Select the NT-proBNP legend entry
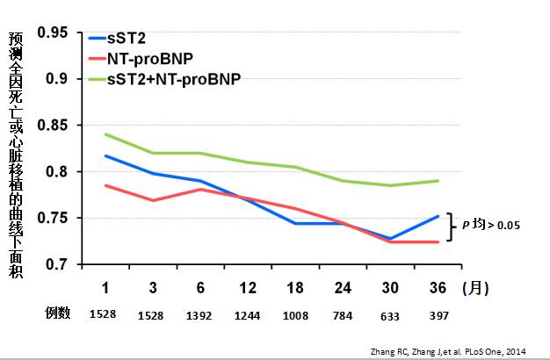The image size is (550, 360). (x=149, y=59)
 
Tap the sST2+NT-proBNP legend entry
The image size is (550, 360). (x=172, y=78)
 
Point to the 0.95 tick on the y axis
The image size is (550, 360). (x=53, y=32)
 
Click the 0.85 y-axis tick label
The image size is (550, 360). (x=53, y=126)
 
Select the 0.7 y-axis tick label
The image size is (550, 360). (x=57, y=264)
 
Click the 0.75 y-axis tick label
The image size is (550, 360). (x=53, y=218)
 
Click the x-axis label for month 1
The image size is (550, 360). (x=105, y=288)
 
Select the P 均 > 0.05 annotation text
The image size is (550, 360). (x=491, y=225)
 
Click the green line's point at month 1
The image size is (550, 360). (x=105, y=134)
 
